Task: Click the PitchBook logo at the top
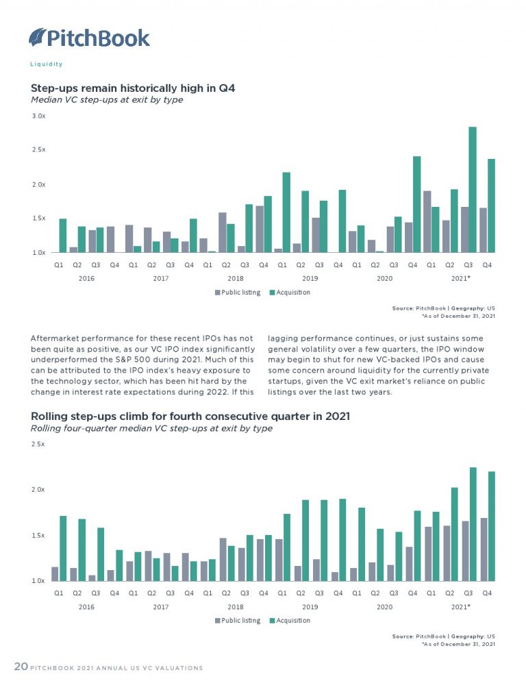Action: coord(89,37)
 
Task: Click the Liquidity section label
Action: coord(47,64)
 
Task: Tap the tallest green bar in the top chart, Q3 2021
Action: coord(473,190)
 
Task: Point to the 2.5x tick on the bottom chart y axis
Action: coord(38,444)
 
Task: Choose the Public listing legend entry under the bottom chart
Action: coord(238,621)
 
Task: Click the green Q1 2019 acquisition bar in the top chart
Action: coord(286,212)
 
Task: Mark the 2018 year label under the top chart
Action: coord(235,279)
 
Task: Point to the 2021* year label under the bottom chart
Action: coord(460,607)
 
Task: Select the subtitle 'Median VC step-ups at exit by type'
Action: coord(107,100)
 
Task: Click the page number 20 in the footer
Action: coord(21,667)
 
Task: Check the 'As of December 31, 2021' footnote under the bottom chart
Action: coord(453,644)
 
